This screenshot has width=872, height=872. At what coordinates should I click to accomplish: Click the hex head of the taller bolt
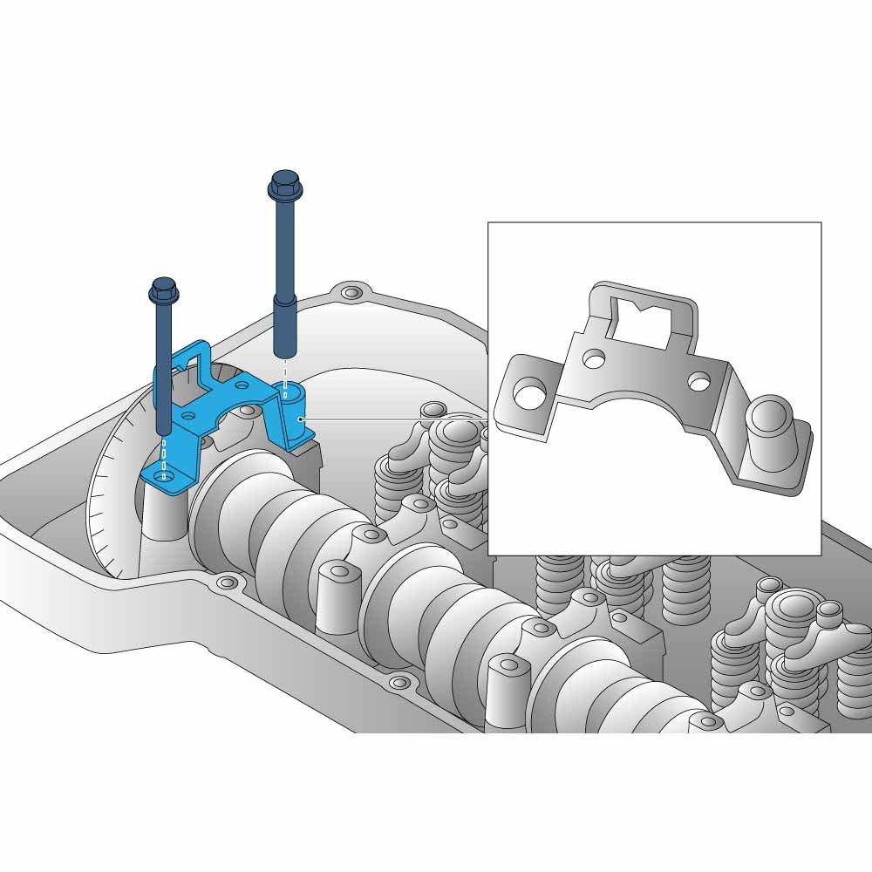[x=285, y=184]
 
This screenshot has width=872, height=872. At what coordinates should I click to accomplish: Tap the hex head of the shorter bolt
[x=164, y=290]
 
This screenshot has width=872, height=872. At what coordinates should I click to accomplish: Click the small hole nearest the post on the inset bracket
[x=699, y=381]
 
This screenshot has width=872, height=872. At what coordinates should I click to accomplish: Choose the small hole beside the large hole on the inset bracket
[x=595, y=358]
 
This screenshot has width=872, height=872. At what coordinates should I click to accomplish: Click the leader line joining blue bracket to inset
[x=392, y=419]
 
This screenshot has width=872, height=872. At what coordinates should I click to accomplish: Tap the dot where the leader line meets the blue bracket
[x=300, y=419]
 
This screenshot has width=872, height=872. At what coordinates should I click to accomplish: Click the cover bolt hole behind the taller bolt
[x=351, y=292]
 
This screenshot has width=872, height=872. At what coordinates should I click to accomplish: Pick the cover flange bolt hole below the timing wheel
[x=227, y=582]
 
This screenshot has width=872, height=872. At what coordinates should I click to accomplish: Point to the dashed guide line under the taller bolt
[x=285, y=371]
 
